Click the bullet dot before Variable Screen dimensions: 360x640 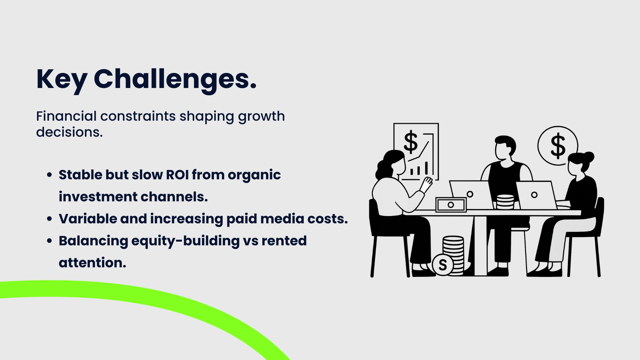click(x=50, y=219)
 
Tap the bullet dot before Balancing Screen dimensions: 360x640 click(x=50, y=241)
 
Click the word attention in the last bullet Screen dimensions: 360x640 click(x=92, y=263)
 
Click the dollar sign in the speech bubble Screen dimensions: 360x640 click(x=558, y=146)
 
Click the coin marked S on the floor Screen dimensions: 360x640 click(x=443, y=265)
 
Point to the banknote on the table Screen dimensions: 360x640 click(x=451, y=205)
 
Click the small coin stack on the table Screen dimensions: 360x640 click(x=505, y=202)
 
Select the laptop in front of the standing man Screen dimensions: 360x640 click(x=471, y=195)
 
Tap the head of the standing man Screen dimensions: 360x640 click(x=505, y=148)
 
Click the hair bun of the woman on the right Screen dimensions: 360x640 click(x=589, y=157)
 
